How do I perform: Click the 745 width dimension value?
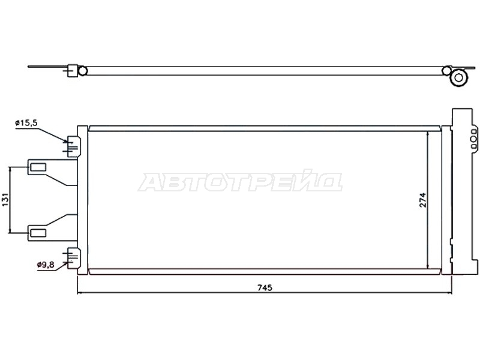(265, 288)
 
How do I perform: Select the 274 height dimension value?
(423, 200)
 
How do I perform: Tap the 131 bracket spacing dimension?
(5, 200)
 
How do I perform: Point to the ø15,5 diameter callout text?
(26, 123)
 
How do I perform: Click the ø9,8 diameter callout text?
(46, 265)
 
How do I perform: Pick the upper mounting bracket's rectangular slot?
(38, 167)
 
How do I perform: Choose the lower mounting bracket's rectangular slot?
(38, 233)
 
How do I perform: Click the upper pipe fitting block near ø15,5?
(73, 146)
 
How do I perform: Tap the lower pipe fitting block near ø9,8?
(73, 259)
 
